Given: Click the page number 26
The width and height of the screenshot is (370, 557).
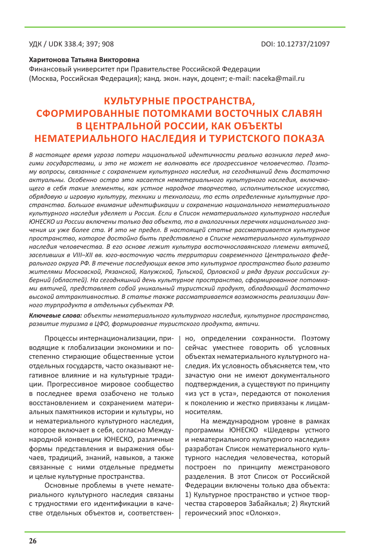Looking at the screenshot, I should pos(32,541).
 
